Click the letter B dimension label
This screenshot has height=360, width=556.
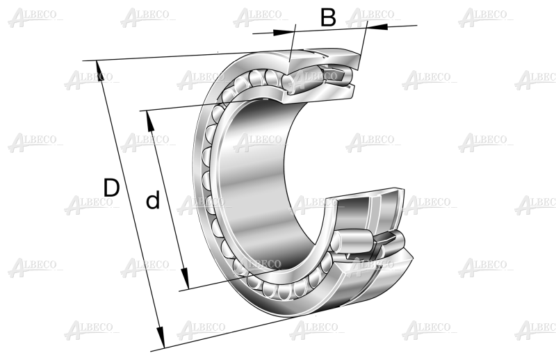point(328,17)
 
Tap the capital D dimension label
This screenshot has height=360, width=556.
point(111,188)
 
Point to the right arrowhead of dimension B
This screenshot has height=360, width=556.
point(377,26)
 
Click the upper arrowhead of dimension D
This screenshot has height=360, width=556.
point(99,71)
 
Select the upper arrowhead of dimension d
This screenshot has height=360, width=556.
point(151,121)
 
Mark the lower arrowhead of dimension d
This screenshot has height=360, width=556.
point(184,279)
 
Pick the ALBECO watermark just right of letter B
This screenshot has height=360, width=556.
point(372,17)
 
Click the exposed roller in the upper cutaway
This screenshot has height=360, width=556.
point(302,80)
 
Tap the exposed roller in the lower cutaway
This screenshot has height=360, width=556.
point(351,242)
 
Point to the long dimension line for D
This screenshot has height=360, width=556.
point(130,204)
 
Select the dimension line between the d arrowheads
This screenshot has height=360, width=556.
point(167,200)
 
